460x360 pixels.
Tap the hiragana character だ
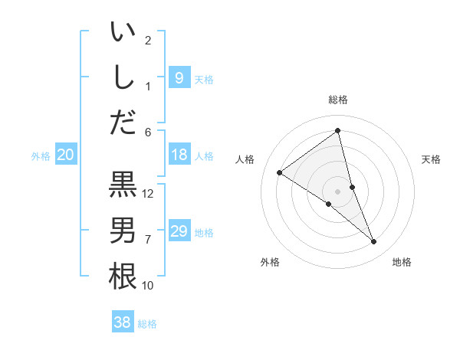[123, 122]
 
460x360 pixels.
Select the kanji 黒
[123, 184]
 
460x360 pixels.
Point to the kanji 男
[123, 230]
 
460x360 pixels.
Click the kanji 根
[123, 276]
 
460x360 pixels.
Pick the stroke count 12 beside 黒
[149, 194]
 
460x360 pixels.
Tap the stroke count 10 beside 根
[149, 286]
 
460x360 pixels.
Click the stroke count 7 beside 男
[149, 240]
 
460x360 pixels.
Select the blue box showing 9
[179, 77]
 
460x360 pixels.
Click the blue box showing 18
[179, 155]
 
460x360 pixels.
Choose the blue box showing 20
[65, 155]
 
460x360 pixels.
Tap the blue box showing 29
[179, 231]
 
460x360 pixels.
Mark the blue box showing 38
[123, 322]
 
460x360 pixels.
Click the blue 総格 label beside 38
[147, 324]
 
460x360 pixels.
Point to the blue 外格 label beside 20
[41, 156]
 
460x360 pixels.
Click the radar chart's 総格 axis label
[337, 100]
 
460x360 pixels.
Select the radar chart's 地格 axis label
[402, 262]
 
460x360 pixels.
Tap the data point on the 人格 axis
[279, 172]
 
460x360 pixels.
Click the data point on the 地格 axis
[374, 242]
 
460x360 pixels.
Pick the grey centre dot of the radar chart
[337, 191]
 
